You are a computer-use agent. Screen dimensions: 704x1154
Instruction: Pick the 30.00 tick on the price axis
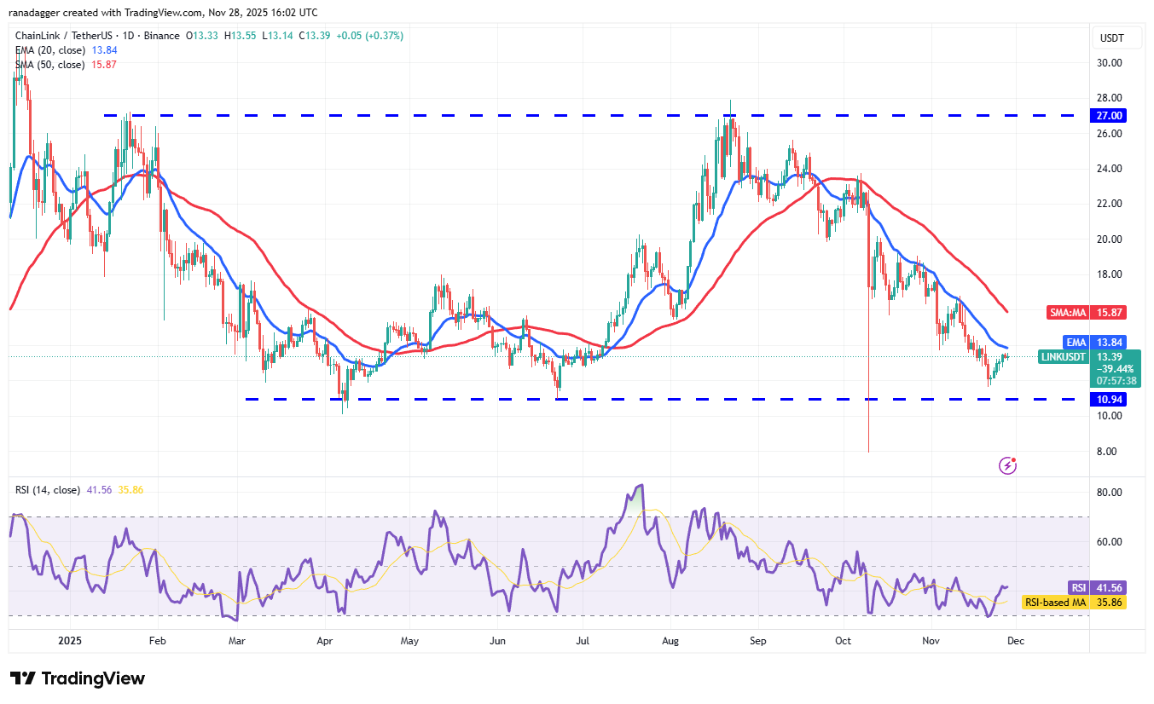coord(1110,62)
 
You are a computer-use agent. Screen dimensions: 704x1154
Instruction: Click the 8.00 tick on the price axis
coord(1107,452)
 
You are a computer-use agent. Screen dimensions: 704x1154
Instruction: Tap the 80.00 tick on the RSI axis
coord(1110,493)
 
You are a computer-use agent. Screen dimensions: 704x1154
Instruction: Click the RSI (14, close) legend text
coord(48,490)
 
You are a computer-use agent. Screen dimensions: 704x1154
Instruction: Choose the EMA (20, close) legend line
coord(49,50)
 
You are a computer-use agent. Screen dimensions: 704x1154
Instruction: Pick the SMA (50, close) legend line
coord(49,65)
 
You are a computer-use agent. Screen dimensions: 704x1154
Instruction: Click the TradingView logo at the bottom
coord(78,678)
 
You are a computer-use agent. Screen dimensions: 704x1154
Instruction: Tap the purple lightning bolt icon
coord(1008,465)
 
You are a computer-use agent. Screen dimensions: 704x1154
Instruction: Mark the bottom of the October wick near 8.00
coord(868,452)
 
